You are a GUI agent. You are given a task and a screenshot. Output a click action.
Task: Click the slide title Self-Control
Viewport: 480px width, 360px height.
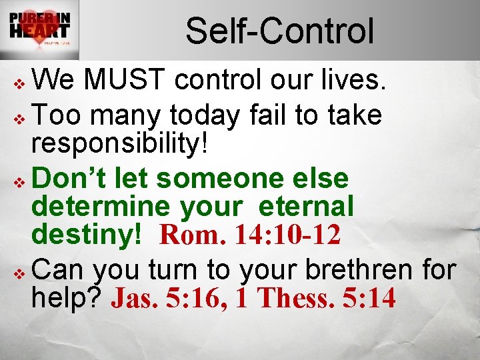tap(279, 31)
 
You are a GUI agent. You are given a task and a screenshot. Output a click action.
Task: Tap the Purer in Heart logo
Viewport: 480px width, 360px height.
tap(39, 29)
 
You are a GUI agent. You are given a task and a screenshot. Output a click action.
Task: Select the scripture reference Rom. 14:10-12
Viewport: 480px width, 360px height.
tap(250, 235)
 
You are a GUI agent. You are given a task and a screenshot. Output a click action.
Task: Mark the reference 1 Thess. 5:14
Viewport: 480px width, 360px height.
tap(317, 299)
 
